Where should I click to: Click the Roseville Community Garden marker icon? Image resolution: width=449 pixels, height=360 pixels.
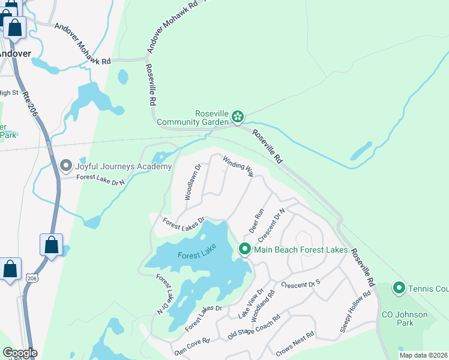click(x=238, y=116)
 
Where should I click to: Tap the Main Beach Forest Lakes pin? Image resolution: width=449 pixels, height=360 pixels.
click(x=244, y=249)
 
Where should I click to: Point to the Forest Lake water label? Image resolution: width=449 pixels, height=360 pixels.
click(x=196, y=255)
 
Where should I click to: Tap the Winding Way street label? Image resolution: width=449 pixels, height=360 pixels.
click(x=238, y=167)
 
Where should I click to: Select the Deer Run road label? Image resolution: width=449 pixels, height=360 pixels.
click(x=256, y=221)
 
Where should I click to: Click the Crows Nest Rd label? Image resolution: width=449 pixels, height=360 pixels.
click(x=295, y=343)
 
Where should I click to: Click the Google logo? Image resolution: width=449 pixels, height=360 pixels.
click(x=19, y=353)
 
